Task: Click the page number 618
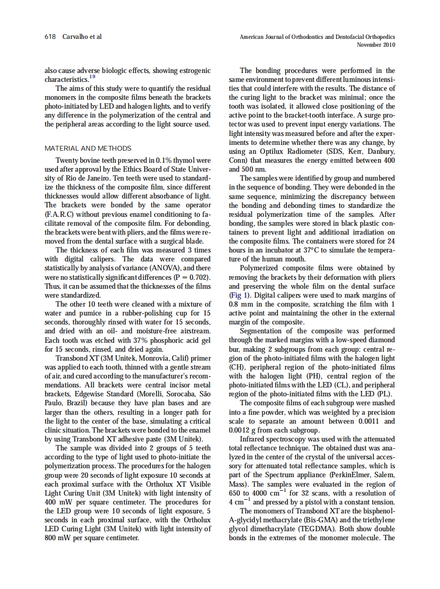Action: [x=50, y=37]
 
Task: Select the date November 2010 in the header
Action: [x=376, y=45]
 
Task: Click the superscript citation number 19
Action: [x=92, y=77]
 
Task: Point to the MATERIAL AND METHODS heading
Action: [x=88, y=149]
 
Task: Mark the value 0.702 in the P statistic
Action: [x=197, y=277]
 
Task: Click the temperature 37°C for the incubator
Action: [x=320, y=250]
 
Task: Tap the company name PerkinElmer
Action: [x=342, y=475]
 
